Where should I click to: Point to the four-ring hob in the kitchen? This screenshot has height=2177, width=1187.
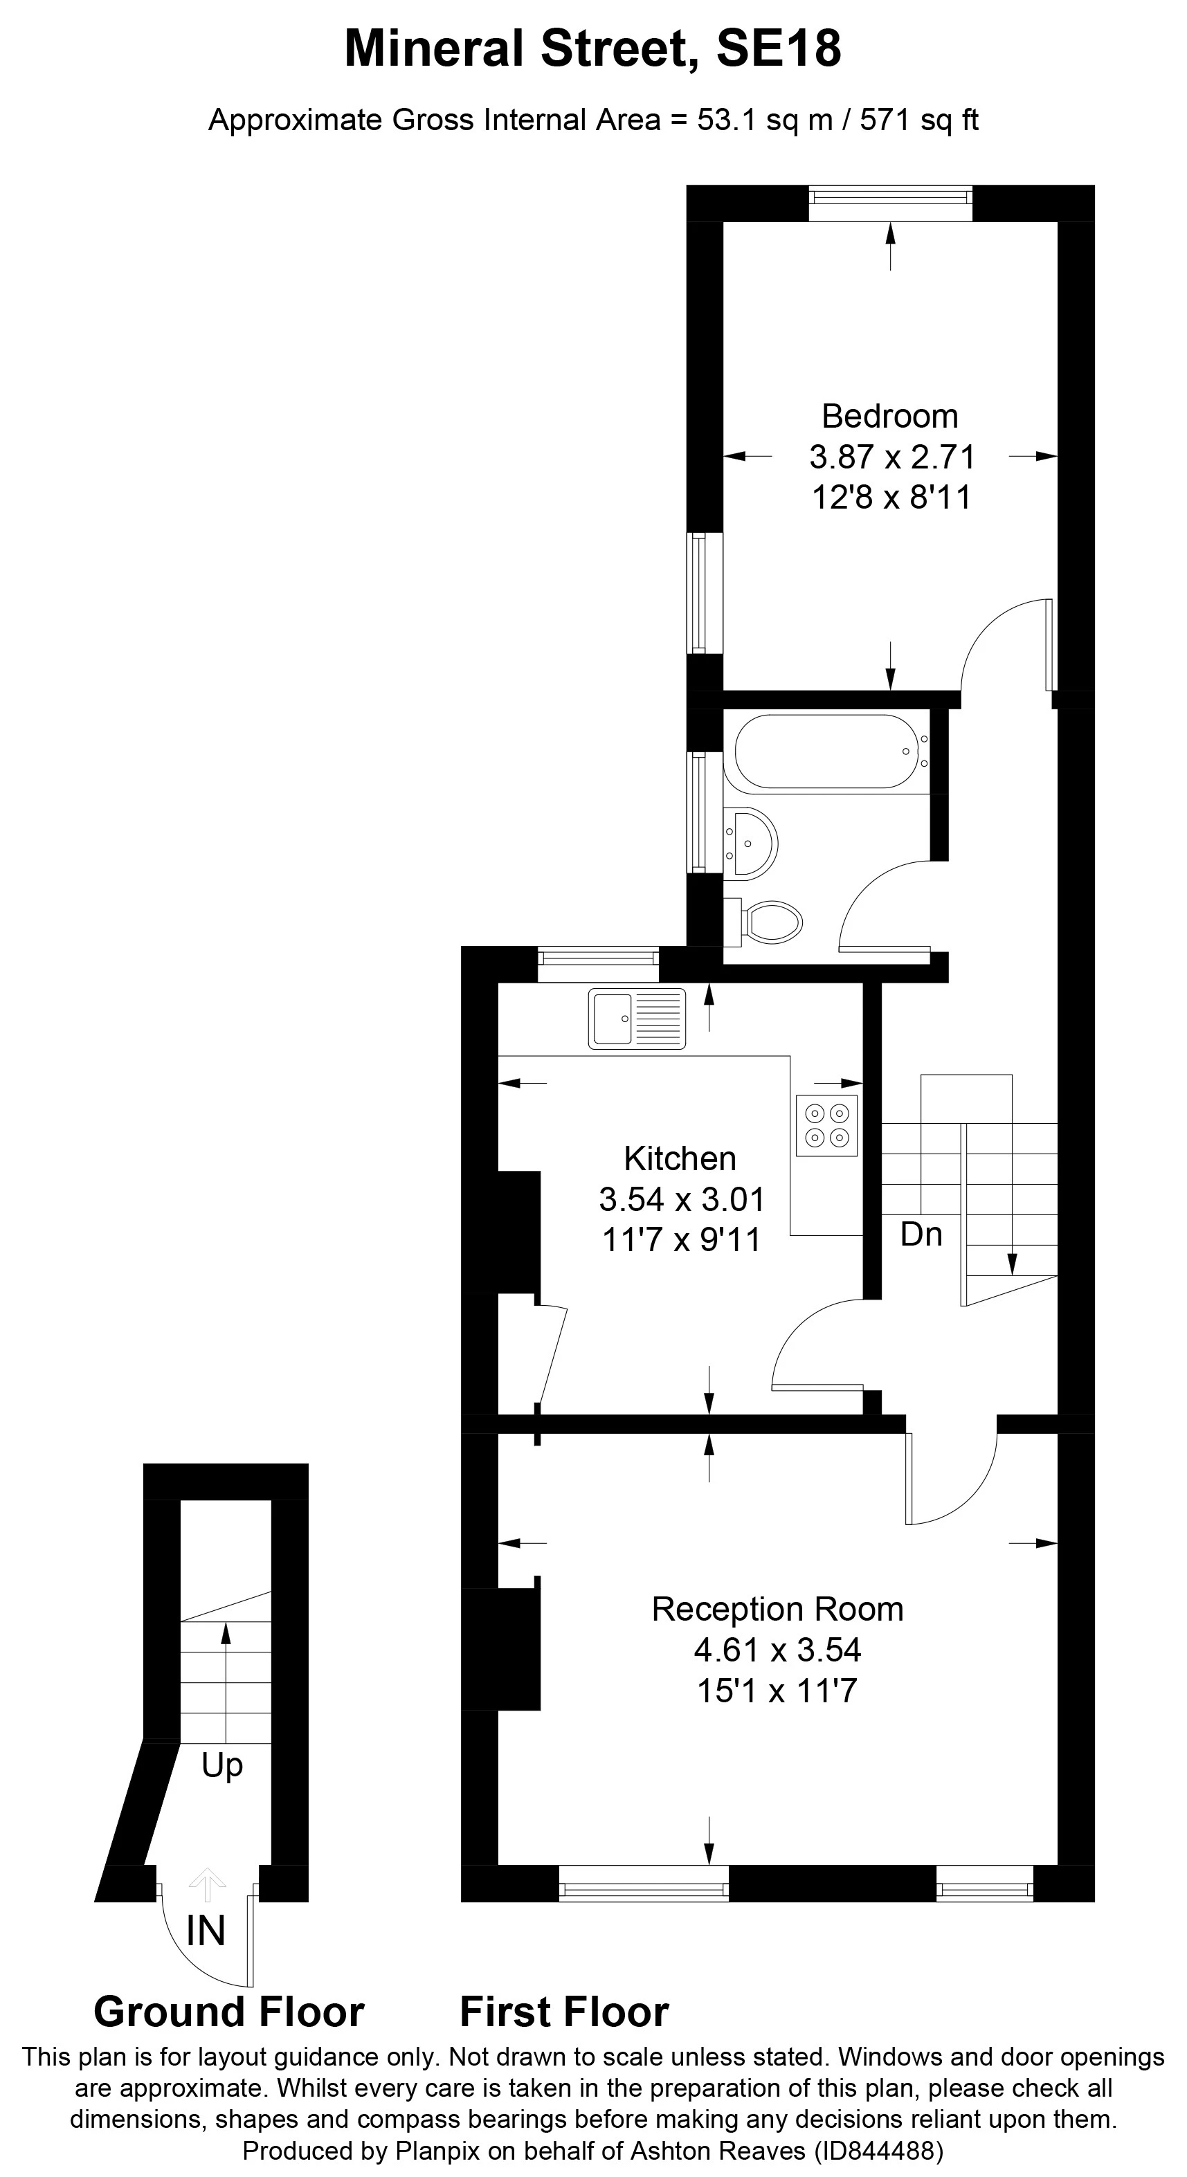tap(826, 1126)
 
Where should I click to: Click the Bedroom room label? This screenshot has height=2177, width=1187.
tap(889, 417)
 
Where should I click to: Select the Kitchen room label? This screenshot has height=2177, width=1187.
tap(680, 1158)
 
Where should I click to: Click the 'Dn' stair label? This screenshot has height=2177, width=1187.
tap(921, 1235)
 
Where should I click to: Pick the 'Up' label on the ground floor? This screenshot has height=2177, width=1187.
tap(222, 1765)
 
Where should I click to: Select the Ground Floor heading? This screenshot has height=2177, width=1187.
tap(229, 2012)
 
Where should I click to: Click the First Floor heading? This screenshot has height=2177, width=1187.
tap(564, 2012)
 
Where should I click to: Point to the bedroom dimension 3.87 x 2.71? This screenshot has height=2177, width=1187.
tap(892, 457)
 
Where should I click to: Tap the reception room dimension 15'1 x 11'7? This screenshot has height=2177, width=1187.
tap(777, 1691)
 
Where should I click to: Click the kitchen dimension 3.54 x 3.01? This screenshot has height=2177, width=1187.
tap(682, 1199)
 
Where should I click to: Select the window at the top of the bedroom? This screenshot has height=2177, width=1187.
tap(890, 198)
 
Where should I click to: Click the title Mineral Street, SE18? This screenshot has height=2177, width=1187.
tap(592, 49)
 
